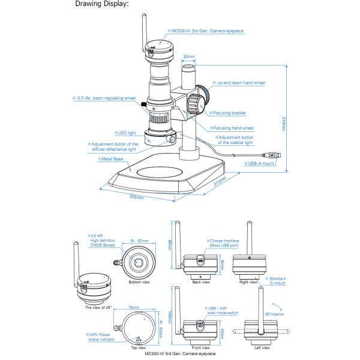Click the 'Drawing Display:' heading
pos(103,5)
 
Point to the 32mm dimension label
pos(188,56)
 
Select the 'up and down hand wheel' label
pos(242,83)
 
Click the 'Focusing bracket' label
pos(230,112)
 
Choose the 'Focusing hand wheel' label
pos(234,128)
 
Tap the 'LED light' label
pos(125,132)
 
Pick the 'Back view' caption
pos(200,281)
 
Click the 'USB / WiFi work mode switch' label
pos(220,310)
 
